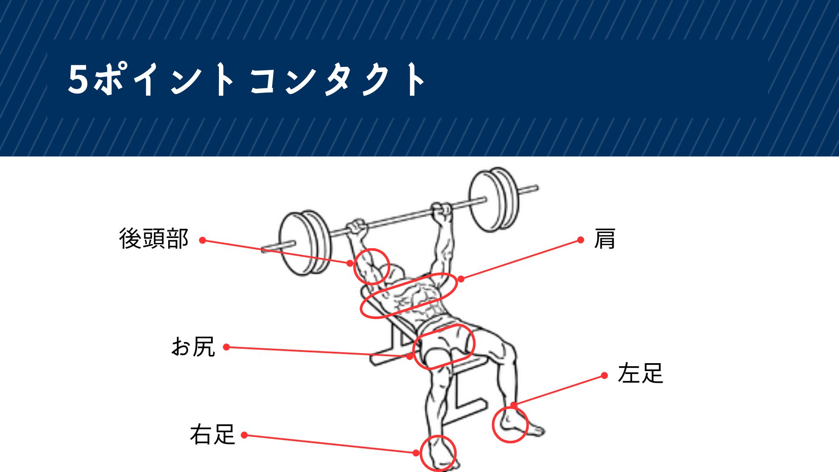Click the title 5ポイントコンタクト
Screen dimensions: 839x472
pyautogui.click(x=246, y=79)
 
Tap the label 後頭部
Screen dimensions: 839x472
pyautogui.click(x=153, y=239)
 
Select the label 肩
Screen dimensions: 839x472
pyautogui.click(x=605, y=239)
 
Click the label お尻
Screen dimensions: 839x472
pyautogui.click(x=193, y=347)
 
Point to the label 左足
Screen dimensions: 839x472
pyautogui.click(x=641, y=373)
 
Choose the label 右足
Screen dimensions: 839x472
pyautogui.click(x=212, y=434)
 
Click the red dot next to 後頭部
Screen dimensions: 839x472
pyautogui.click(x=202, y=240)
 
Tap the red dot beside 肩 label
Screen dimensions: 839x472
pyautogui.click(x=581, y=239)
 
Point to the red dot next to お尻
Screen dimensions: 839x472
pyautogui.click(x=226, y=347)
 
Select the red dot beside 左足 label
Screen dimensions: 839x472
pyautogui.click(x=604, y=375)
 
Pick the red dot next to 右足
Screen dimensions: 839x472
pyautogui.click(x=245, y=435)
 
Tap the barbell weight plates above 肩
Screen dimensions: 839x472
pyautogui.click(x=495, y=199)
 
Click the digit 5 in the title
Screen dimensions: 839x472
pyautogui.click(x=79, y=79)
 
